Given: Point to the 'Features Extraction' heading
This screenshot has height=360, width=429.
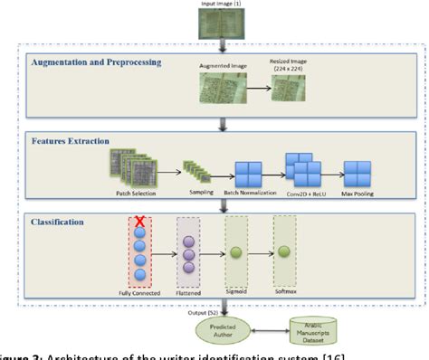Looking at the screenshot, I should [71, 142].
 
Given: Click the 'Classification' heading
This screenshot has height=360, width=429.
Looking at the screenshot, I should [62, 219].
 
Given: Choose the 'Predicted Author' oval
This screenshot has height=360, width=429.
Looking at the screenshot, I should [214, 330].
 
